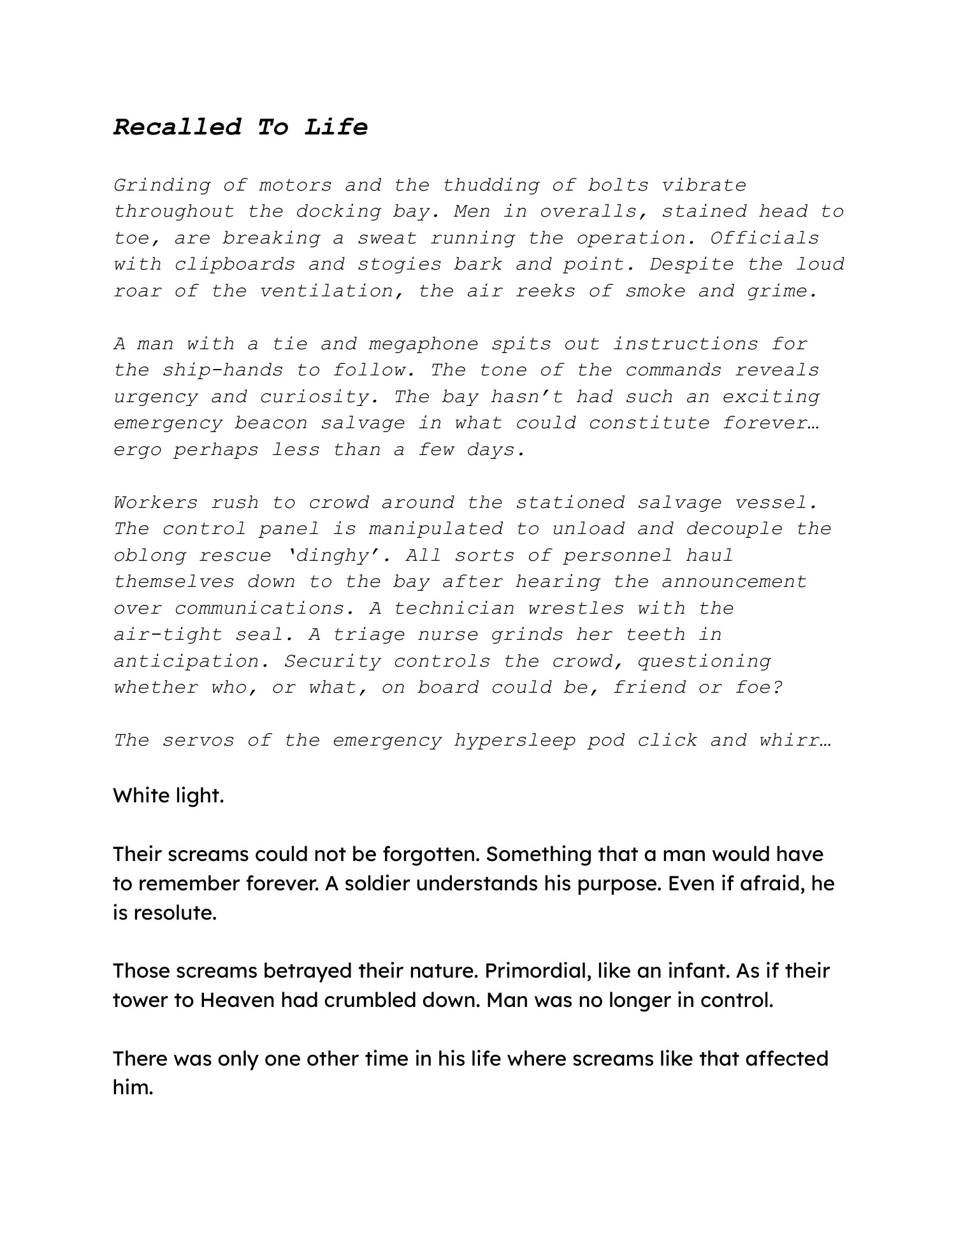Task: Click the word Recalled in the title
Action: [177, 127]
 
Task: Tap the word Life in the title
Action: [336, 127]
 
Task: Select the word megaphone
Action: [423, 344]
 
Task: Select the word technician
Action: [454, 608]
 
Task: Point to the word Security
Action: [332, 661]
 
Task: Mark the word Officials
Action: [765, 238]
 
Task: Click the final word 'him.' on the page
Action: [133, 1087]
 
